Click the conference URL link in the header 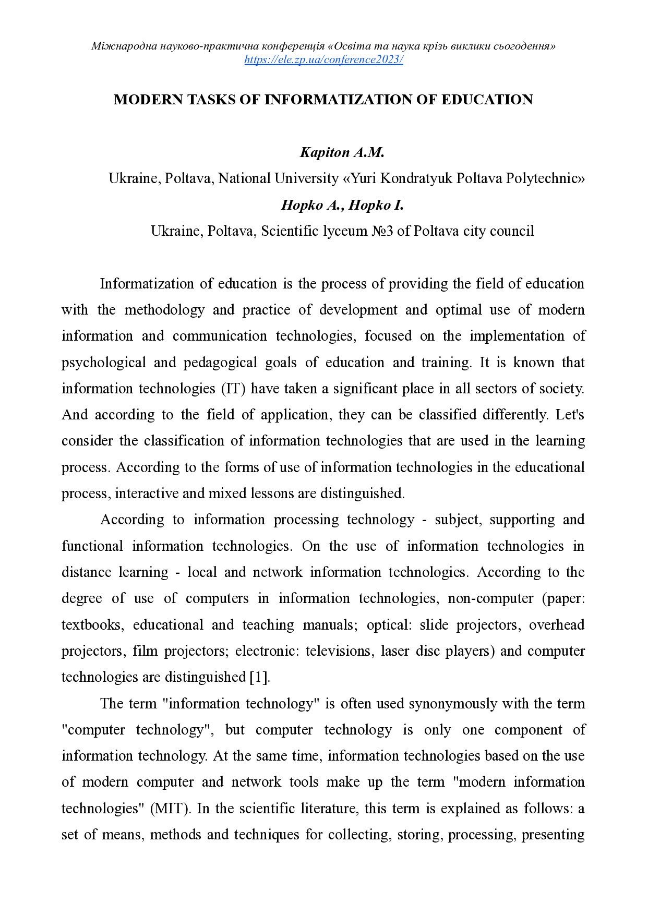[x=323, y=59]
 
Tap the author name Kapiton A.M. [x=342, y=152]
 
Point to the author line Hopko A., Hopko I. [x=342, y=205]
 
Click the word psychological [x=103, y=363]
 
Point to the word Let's [x=570, y=415]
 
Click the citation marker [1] [x=259, y=677]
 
